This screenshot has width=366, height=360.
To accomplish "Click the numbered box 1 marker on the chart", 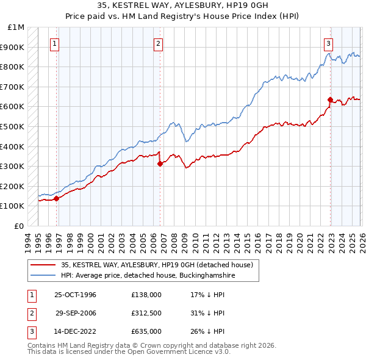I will (x=56, y=43).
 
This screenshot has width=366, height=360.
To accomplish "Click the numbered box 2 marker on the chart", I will (x=158, y=43).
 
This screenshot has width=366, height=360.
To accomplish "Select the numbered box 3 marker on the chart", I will (x=328, y=43).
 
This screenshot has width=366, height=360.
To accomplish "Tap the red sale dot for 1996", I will (x=56, y=198).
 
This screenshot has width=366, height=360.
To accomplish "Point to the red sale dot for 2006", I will (x=159, y=164).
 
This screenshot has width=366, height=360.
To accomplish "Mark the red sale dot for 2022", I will (x=330, y=99).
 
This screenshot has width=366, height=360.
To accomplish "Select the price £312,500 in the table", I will (x=146, y=313).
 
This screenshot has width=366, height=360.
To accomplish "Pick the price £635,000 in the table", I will (x=146, y=331).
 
